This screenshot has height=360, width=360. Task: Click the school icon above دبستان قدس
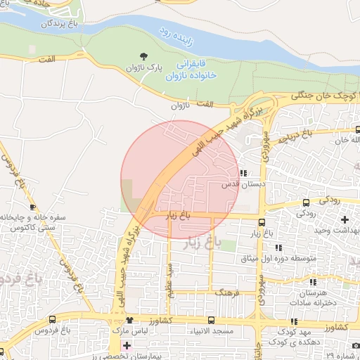pyautogui.click(x=243, y=173)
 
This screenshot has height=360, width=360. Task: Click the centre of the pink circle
pyautogui.click(x=179, y=179)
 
